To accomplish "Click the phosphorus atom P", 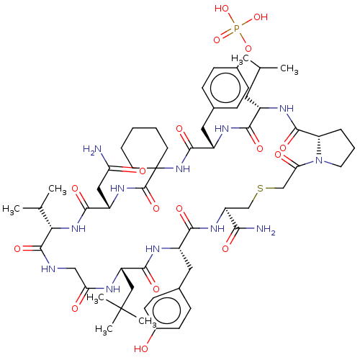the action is coord(237,28).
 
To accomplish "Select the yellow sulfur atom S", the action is coord(261,189).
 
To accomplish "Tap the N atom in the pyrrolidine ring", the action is coord(319,161).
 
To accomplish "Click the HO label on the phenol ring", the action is coord(141,348).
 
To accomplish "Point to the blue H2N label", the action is coord(92,150).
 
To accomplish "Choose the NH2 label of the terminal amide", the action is coord(266,229).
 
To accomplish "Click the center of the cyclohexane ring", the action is coord(145,148).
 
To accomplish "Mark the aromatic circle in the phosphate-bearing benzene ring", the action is coord(225,88).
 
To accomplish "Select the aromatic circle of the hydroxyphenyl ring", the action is coord(166,311).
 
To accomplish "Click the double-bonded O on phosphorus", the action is coord(217,40).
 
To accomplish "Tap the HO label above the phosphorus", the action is coord(222,9).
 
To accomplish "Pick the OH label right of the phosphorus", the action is coord(261,17).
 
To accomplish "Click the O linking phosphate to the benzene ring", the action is coord(248,49).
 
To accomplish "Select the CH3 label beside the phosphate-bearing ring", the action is coord(289,69).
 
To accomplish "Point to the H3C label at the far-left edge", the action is coord(11,210).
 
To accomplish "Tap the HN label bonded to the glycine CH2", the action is coord(48,269).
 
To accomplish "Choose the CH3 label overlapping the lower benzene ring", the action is coord(148,322).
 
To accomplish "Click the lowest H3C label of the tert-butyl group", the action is coord(104,329).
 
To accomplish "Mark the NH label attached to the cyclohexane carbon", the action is coord(183,169).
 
